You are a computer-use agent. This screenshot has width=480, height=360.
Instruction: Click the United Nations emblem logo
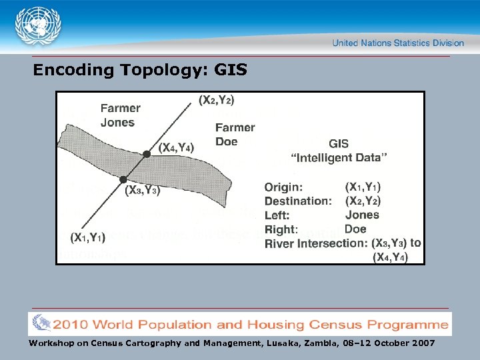(37, 26)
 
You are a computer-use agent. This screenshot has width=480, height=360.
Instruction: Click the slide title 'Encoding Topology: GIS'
(140, 69)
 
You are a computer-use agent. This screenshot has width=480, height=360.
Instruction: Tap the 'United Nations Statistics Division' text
(398, 43)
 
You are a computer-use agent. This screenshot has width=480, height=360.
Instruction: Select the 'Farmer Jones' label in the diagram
(119, 115)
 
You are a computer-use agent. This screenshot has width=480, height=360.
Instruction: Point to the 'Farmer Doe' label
(235, 134)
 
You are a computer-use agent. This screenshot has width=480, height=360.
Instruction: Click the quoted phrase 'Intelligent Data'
(340, 157)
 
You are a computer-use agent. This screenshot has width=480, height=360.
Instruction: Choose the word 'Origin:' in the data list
(283, 187)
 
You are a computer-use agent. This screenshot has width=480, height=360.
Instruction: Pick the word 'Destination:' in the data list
(298, 201)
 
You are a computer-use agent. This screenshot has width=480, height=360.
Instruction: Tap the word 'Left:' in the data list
(277, 215)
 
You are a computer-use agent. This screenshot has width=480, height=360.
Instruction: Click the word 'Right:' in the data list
(281, 229)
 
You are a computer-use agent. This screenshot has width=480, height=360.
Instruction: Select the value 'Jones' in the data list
(362, 215)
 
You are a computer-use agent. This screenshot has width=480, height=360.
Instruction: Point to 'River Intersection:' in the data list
(316, 243)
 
